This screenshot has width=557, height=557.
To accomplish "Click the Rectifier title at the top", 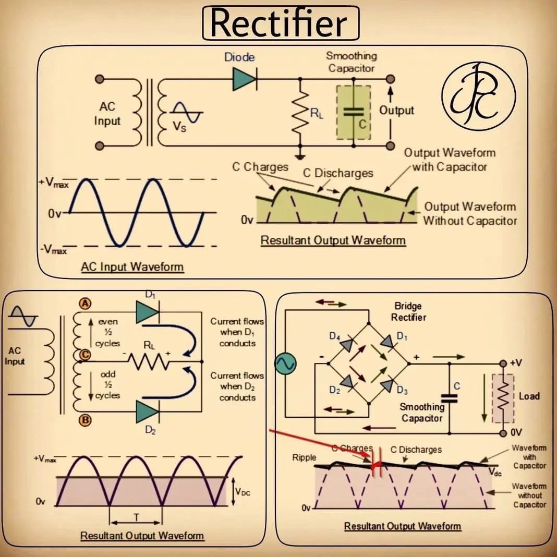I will pyautogui.click(x=280, y=23).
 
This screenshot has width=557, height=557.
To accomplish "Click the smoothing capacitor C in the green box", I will pyautogui.click(x=354, y=112).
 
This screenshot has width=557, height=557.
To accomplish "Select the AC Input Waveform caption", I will pyautogui.click(x=132, y=267).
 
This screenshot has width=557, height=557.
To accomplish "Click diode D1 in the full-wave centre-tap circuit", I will pyautogui.click(x=147, y=312).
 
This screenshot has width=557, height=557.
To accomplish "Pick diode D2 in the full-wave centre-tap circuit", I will pyautogui.click(x=147, y=411).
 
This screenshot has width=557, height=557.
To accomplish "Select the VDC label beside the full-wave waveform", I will pyautogui.click(x=243, y=491).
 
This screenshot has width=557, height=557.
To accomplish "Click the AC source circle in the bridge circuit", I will pyautogui.click(x=285, y=364).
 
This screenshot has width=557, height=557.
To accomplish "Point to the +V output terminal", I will pyautogui.click(x=504, y=364).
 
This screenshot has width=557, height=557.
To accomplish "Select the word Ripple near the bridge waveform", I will pyautogui.click(x=304, y=457).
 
